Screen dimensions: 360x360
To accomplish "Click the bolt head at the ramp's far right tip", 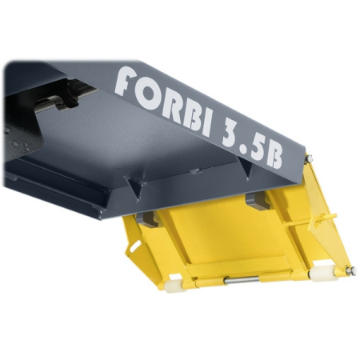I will (350, 272).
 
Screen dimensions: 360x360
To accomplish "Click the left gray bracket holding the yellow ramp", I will (147, 218).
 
